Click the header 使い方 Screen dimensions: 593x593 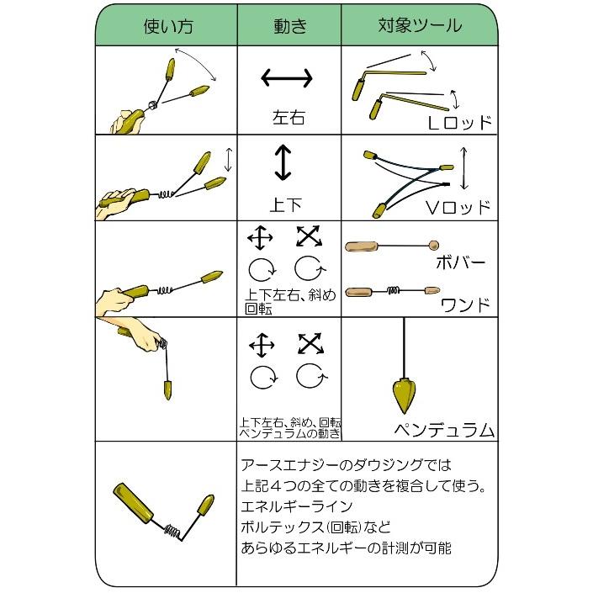(x=167, y=24)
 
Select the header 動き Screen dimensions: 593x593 (x=289, y=24)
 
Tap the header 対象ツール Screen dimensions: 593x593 (x=419, y=24)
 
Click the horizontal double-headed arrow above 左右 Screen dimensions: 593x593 (x=288, y=78)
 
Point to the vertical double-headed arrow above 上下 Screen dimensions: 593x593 (x=283, y=162)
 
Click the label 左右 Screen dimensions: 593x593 (x=289, y=116)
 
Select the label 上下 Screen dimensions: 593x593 (x=287, y=203)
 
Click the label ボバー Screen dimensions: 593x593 (x=459, y=262)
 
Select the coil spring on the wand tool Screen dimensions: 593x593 (x=392, y=291)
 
